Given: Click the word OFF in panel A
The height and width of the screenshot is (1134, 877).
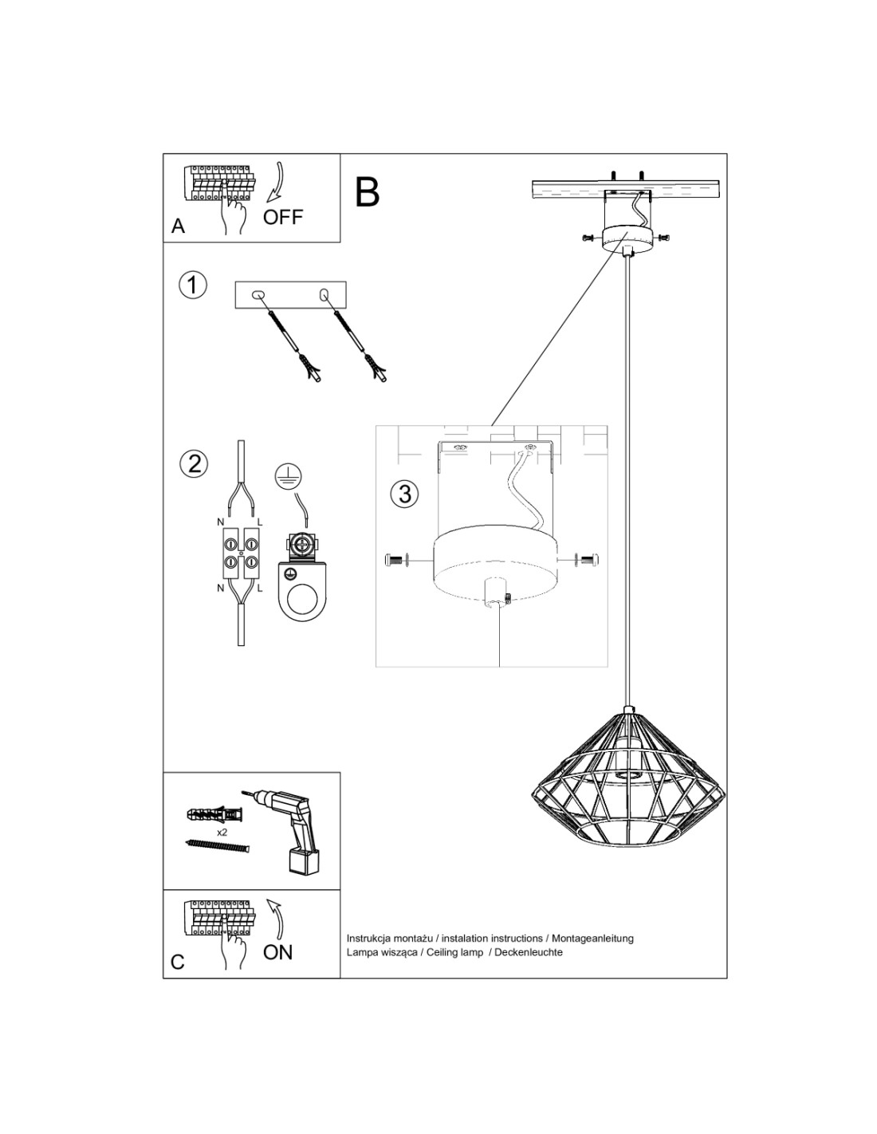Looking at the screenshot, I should click(x=283, y=216).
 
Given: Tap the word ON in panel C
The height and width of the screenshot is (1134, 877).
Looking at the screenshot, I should click(x=277, y=951).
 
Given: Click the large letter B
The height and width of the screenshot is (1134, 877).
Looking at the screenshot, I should click(x=367, y=191).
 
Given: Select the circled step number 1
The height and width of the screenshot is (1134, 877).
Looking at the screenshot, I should click(x=193, y=285).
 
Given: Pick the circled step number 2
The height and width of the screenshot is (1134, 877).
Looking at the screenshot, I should click(x=194, y=463).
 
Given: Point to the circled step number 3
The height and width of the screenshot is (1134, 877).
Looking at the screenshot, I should click(x=405, y=494).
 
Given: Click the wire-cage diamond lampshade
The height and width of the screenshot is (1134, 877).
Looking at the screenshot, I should click(x=629, y=778).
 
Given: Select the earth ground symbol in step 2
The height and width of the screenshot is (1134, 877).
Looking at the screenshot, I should click(x=285, y=476).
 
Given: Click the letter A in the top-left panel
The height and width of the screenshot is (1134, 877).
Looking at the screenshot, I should click(x=178, y=226).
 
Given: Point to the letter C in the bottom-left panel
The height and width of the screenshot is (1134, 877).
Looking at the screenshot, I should click(x=178, y=963).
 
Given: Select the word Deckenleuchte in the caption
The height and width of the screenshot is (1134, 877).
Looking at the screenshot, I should click(x=529, y=952).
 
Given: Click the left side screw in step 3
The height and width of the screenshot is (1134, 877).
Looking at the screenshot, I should click(x=396, y=561).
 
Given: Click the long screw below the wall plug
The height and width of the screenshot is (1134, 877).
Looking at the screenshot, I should click(x=218, y=845).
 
